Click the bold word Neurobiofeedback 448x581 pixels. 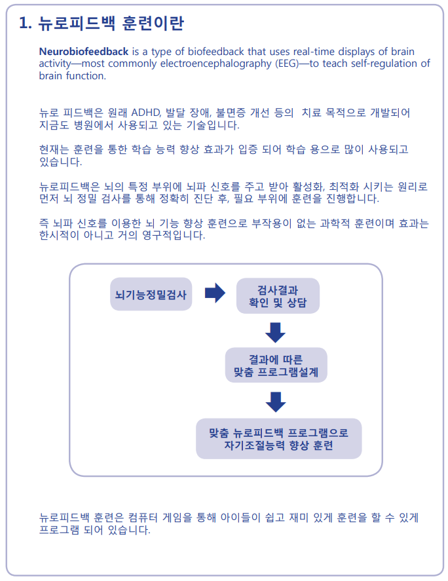[x=83, y=52]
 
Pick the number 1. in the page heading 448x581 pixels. [x=26, y=24]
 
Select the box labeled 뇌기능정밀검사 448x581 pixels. [x=151, y=294]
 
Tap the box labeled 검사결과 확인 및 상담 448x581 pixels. [x=277, y=297]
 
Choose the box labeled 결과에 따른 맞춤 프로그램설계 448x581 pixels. [x=276, y=366]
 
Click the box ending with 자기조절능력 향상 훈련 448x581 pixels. [x=278, y=439]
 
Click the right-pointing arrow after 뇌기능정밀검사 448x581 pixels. [x=215, y=293]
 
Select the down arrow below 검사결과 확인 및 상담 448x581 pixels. [x=276, y=332]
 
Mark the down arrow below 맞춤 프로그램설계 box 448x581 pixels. [x=276, y=402]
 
